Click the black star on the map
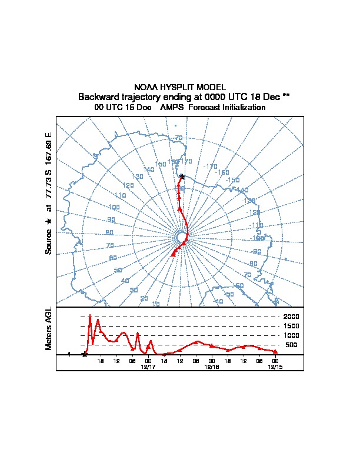(x=182, y=177)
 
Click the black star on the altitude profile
(x=85, y=354)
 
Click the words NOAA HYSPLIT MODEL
(x=180, y=87)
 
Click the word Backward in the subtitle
(x=98, y=96)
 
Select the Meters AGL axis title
(x=49, y=328)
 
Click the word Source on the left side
(x=49, y=241)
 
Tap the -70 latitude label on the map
(x=178, y=138)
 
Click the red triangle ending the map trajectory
(x=174, y=254)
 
